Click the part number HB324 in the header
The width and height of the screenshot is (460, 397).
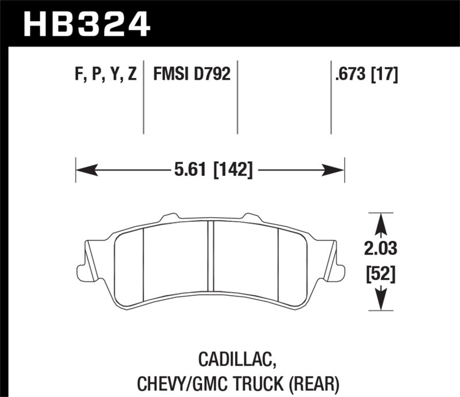point(86,24)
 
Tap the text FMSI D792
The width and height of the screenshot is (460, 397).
point(191,75)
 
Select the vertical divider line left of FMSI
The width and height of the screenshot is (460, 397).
point(144,98)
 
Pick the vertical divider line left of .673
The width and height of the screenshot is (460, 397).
point(331,98)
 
